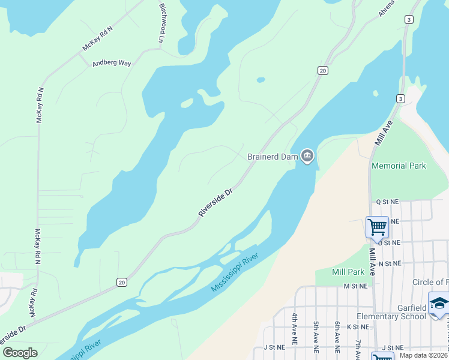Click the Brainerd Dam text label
[x=273, y=157]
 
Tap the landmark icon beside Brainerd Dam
[x=307, y=157]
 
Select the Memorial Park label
[x=399, y=166]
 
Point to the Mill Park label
[x=348, y=272]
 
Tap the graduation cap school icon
[x=439, y=303]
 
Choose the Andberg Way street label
[x=111, y=63]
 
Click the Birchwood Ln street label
[x=161, y=22]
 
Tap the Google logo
[x=20, y=353]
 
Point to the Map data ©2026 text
[x=423, y=355]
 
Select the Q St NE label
[x=387, y=203]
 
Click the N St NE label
[x=389, y=263]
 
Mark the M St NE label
[x=355, y=287]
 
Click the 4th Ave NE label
[x=295, y=328]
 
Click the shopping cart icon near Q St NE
[x=377, y=227]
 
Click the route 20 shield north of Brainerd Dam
[x=323, y=71]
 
